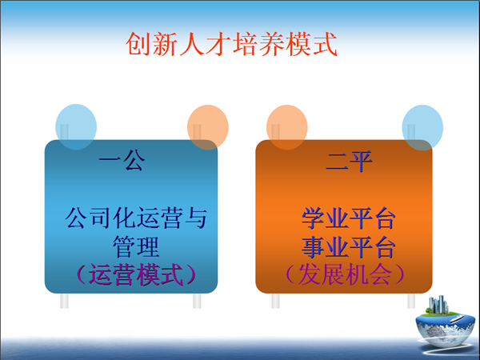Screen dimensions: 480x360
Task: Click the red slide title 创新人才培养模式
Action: [x=231, y=44]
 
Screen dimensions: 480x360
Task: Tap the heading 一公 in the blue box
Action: [x=122, y=160]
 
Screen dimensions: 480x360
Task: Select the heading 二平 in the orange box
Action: [x=349, y=161]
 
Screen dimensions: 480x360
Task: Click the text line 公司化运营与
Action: [x=136, y=218]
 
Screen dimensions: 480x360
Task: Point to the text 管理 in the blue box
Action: [x=136, y=246]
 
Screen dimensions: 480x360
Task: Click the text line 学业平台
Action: [x=348, y=218]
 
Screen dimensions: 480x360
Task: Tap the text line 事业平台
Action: [x=348, y=246]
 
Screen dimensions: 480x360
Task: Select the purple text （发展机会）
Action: [x=346, y=274]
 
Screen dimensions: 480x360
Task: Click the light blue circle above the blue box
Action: [x=76, y=127]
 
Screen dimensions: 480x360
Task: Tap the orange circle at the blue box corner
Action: [x=208, y=127]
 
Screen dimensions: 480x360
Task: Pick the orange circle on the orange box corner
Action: [x=287, y=127]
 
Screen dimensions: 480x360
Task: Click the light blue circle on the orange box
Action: [x=422, y=128]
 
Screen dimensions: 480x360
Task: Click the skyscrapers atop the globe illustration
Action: [x=438, y=305]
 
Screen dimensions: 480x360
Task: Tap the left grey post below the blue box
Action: [x=64, y=301]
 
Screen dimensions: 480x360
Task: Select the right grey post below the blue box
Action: [x=197, y=301]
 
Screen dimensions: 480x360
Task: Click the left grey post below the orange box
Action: [x=275, y=301]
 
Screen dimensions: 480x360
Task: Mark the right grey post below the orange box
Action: [x=411, y=301]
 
